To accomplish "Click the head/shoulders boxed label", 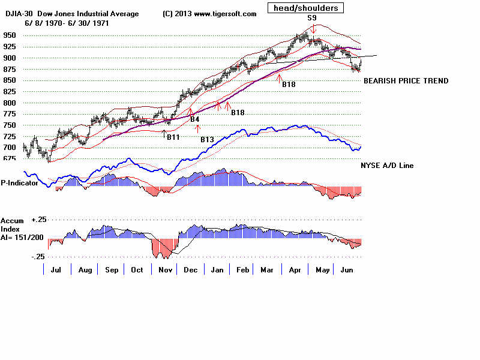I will click(x=306, y=8).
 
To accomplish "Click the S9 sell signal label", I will click(x=313, y=18).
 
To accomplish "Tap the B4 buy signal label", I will click(x=194, y=119).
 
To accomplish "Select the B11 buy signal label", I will click(x=173, y=137).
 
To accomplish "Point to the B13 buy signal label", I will click(x=207, y=139).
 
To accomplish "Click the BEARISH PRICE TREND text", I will click(x=406, y=81).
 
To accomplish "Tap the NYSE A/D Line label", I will click(x=387, y=165).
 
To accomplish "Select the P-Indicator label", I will click(x=19, y=183).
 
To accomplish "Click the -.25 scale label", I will click(x=37, y=257).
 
